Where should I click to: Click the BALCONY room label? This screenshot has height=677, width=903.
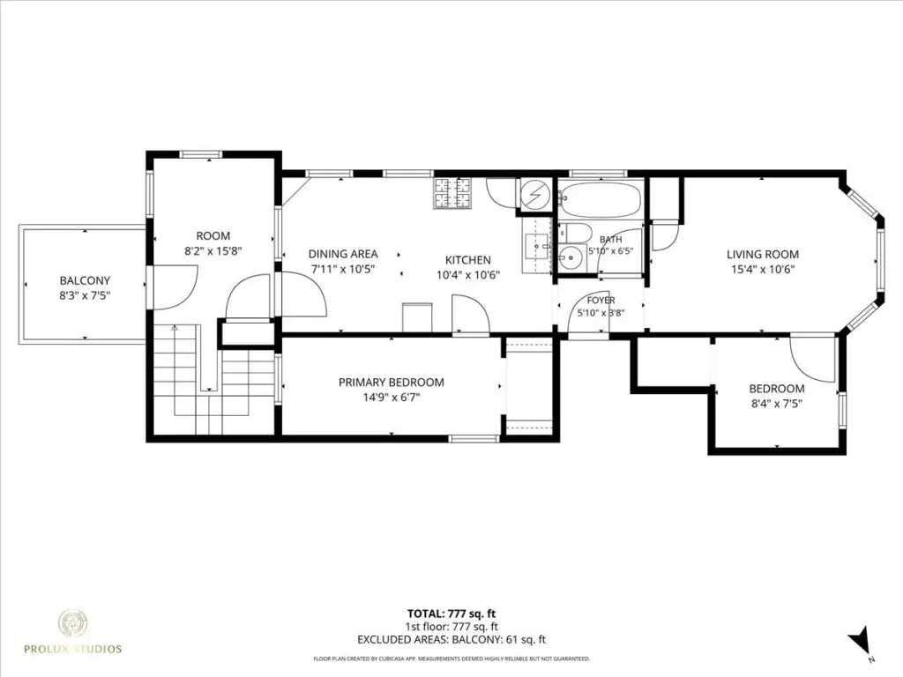(85, 281)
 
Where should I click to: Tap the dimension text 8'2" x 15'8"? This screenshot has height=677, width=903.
(213, 251)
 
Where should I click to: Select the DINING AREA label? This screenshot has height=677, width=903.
(343, 254)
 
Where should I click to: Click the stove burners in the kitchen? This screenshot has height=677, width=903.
(452, 193)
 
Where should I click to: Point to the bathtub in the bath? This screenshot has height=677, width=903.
(600, 198)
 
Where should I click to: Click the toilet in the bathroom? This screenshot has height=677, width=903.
(575, 233)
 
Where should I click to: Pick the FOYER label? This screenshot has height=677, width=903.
(601, 301)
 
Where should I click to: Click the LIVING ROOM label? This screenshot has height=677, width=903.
(763, 255)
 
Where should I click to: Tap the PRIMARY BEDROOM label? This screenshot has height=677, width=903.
(391, 383)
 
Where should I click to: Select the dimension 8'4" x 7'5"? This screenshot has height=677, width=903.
(777, 404)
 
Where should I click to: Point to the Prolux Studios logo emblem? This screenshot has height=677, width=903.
(73, 623)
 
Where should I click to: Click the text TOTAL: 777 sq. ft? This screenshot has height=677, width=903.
(451, 614)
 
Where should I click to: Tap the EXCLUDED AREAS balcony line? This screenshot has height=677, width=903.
(451, 640)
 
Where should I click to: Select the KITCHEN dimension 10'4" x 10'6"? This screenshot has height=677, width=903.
(468, 275)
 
